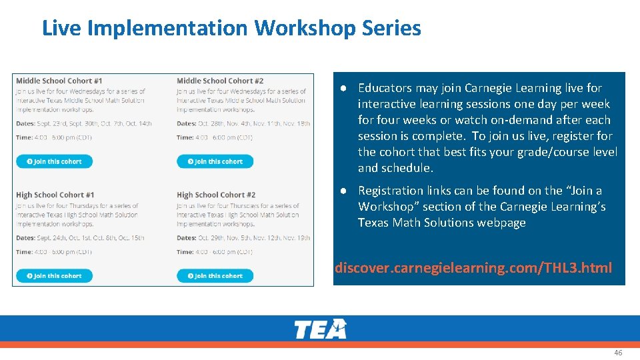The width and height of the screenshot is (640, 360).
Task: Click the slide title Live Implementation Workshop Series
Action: [231, 28]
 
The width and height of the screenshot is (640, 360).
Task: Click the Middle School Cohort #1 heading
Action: [59, 81]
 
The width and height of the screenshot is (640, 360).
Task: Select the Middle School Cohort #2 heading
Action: [220, 81]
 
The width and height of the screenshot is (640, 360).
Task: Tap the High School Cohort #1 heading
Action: [55, 195]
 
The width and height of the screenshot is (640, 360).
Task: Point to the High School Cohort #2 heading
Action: [216, 195]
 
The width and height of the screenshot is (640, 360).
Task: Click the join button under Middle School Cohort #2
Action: [215, 161]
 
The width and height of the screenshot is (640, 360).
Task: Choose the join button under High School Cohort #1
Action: [54, 275]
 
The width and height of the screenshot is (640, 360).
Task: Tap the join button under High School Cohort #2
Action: [215, 275]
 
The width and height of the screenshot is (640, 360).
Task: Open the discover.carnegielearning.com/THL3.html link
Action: [473, 268]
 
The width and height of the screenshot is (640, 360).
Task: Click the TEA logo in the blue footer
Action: [320, 329]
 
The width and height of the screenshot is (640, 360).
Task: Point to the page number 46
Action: [618, 353]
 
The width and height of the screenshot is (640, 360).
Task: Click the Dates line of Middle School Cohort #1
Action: [84, 123]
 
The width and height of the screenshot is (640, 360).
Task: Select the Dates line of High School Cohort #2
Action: [243, 238]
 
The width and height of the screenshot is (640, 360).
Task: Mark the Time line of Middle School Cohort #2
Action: [215, 137]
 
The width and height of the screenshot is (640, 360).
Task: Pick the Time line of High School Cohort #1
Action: [54, 252]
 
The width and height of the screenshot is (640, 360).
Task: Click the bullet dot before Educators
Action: [341, 88]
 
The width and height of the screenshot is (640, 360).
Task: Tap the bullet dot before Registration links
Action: [341, 191]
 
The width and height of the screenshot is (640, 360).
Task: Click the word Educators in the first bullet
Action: [384, 88]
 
